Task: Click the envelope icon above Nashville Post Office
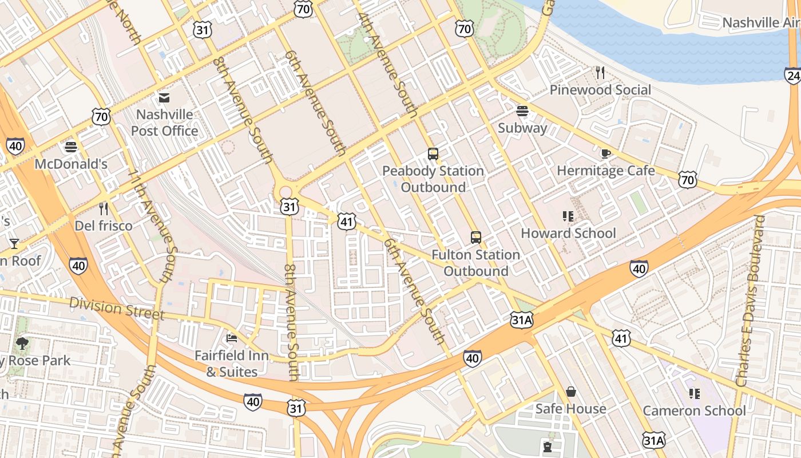tap(164, 98)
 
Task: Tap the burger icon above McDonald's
tap(71, 147)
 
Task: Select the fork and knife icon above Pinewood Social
tap(600, 73)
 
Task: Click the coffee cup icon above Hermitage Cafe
tap(605, 153)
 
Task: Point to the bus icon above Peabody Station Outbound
tap(433, 154)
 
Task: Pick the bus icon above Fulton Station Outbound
tap(475, 238)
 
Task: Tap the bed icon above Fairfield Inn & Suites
tap(232, 338)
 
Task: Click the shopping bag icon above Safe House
tap(570, 392)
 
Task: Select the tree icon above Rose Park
tap(22, 343)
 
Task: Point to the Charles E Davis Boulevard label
tap(751, 301)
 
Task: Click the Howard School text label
tap(568, 233)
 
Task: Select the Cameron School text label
tap(694, 410)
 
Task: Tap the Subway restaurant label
tap(522, 128)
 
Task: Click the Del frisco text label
tap(104, 226)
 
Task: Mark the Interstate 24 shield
tap(793, 76)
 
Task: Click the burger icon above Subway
tap(522, 110)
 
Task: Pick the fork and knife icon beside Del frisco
tap(104, 208)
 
